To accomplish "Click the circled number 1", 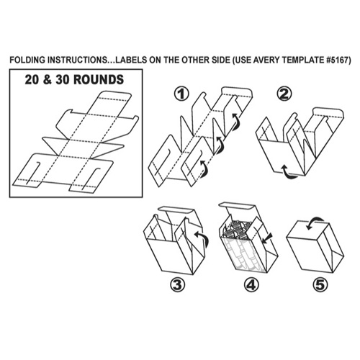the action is point(181,94).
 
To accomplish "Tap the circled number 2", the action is point(284,94).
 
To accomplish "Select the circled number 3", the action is point(178,285).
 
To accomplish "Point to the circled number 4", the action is point(251,285).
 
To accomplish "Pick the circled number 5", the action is point(320,285).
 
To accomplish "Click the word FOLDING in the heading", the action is point(27,60).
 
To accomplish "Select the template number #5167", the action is point(338,60).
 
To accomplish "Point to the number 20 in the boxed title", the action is point(32,80).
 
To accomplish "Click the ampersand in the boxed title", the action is point(48,80).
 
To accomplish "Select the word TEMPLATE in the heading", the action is point(303,60).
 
